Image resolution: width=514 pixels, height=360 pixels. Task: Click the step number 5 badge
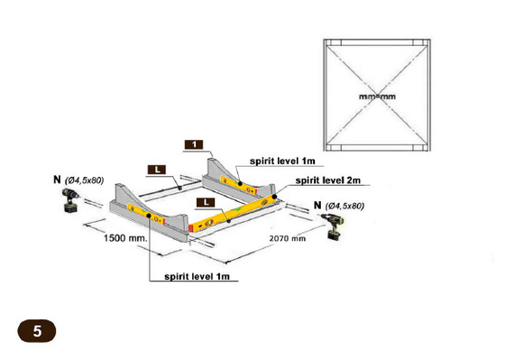click(37, 331)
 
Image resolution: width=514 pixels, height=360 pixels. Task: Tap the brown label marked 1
click(194, 144)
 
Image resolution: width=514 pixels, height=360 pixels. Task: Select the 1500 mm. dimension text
click(126, 238)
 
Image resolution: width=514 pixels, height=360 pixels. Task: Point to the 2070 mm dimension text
click(288, 238)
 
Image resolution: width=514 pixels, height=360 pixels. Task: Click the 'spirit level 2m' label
click(328, 180)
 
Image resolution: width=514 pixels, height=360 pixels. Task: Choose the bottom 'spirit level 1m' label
click(197, 276)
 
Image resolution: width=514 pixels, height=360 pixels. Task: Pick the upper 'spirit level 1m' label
click(282, 161)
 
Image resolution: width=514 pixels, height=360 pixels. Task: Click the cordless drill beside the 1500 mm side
click(70, 200)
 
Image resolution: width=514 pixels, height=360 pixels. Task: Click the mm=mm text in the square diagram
click(377, 97)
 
